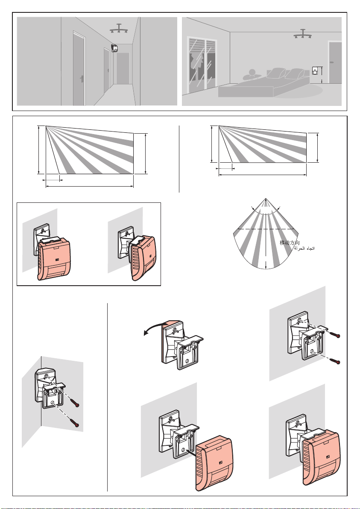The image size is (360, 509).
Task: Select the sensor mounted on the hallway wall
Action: (x=114, y=48)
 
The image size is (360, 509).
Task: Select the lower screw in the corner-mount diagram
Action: (x=76, y=424)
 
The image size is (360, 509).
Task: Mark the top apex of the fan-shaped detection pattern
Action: (x=266, y=199)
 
